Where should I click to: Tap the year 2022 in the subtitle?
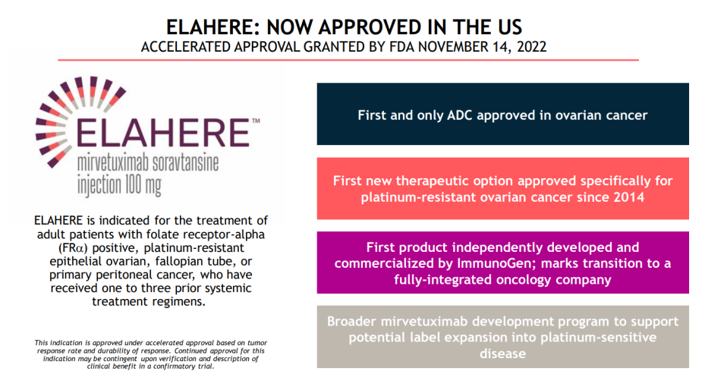pyautogui.click(x=531, y=47)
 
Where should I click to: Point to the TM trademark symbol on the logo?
pyautogui.click(x=256, y=121)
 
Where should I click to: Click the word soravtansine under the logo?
pyautogui.click(x=186, y=163)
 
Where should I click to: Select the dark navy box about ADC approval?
pyautogui.click(x=502, y=114)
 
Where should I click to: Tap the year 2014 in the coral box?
pyautogui.click(x=628, y=197)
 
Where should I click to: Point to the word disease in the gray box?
pyautogui.click(x=502, y=354)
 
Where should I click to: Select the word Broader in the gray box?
pyautogui.click(x=351, y=321)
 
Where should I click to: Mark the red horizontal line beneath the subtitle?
pyautogui.click(x=348, y=60)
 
